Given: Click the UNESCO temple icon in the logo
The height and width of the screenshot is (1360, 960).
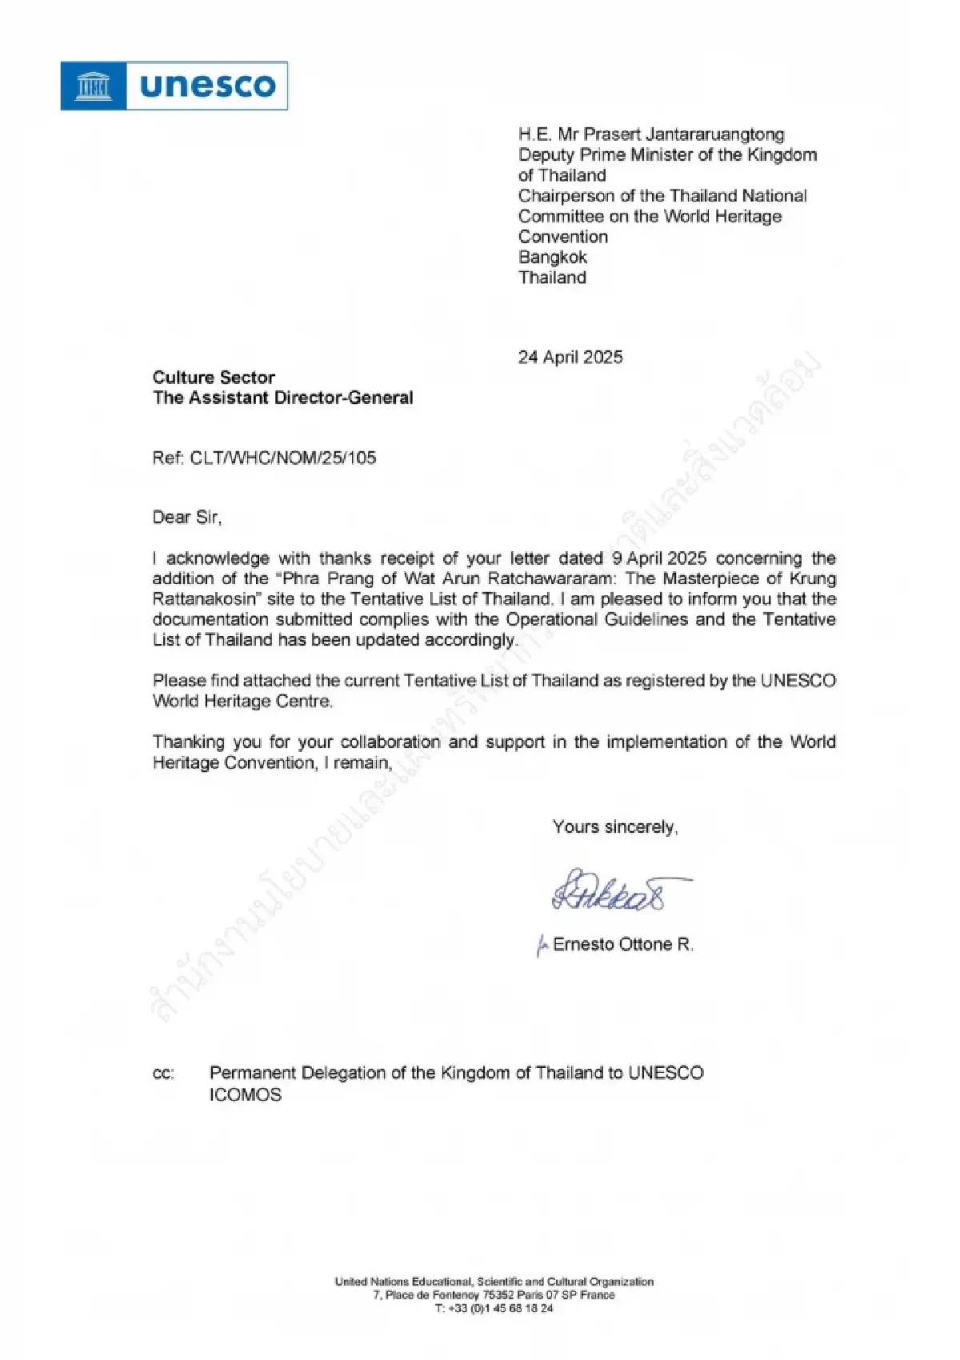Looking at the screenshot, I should [94, 86].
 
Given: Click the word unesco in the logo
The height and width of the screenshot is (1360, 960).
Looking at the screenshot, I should [207, 86].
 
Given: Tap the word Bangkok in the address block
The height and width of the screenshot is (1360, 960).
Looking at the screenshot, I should [552, 257].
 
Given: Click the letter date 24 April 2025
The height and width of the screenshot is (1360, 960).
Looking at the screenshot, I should [570, 358].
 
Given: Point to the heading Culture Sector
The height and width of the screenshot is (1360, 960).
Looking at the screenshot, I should [214, 378].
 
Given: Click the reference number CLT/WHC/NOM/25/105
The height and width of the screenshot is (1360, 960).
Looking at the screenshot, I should [282, 458].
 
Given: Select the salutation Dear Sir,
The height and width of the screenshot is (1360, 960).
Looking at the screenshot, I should [187, 518].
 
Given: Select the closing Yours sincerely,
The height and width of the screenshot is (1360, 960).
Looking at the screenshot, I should [614, 827].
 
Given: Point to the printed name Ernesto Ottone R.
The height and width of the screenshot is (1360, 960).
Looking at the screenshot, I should [622, 945].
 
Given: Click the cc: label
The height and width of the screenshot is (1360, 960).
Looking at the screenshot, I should [163, 1074].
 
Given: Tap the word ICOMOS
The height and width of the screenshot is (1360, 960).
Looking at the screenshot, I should [246, 1095].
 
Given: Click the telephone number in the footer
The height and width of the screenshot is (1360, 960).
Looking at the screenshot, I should [494, 1309].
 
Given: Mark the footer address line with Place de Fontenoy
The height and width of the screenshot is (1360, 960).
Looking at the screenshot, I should [494, 1295].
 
